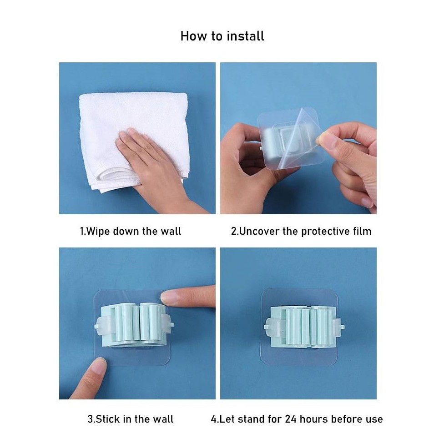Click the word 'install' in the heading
(x=245, y=36)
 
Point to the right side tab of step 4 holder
(x=339, y=327)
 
